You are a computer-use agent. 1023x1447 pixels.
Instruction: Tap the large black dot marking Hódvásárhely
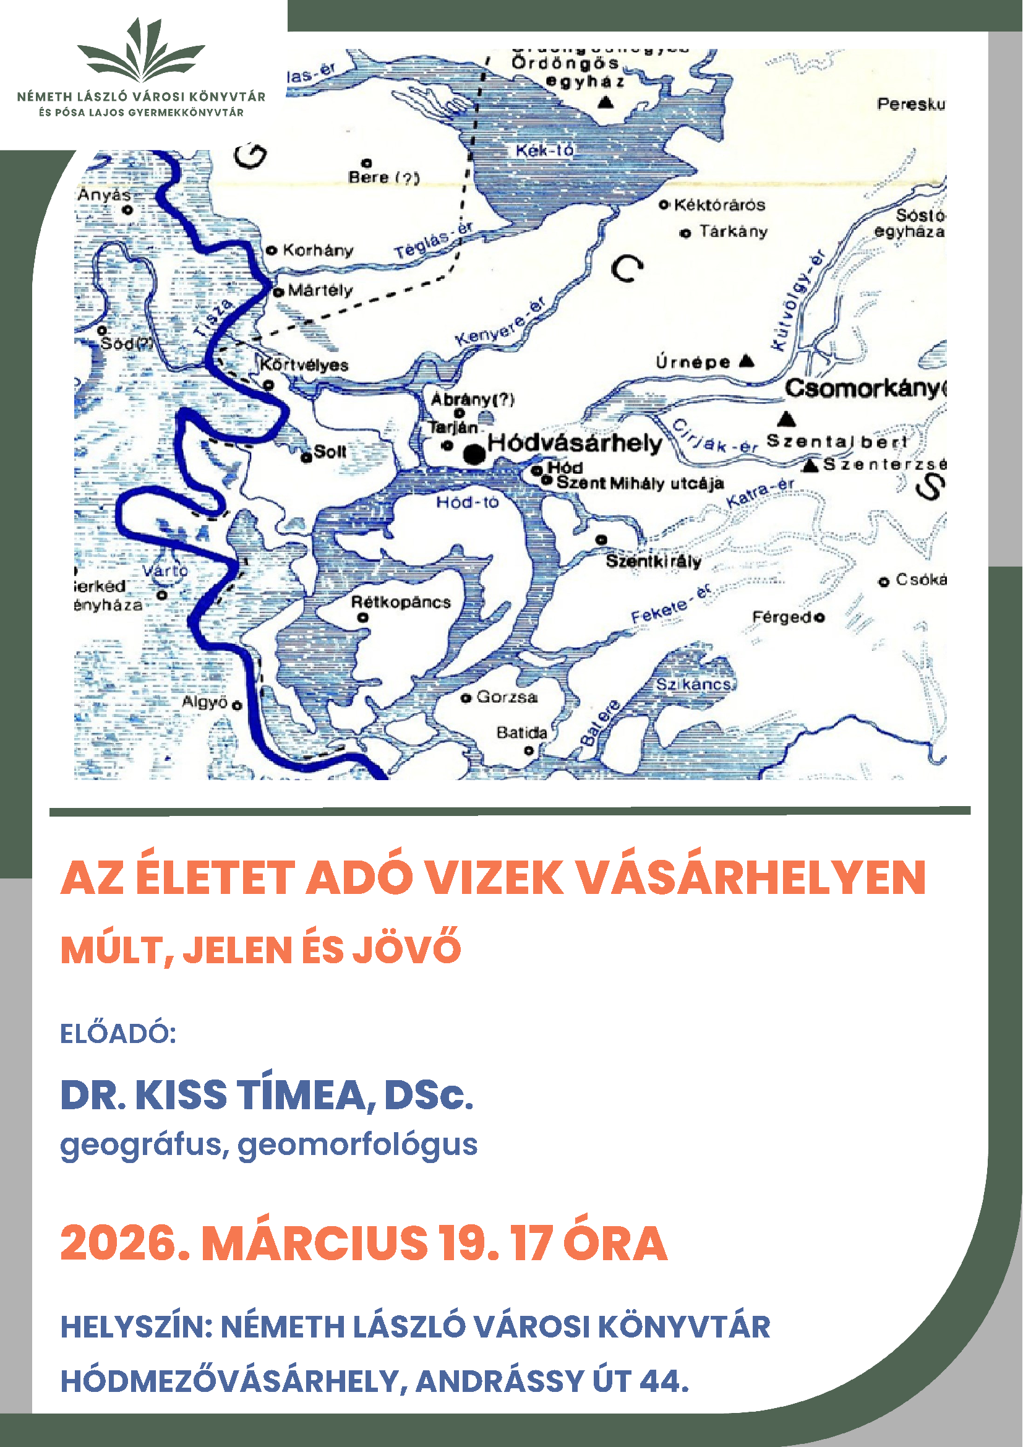[x=474, y=453]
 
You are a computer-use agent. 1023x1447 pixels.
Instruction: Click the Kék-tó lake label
[x=544, y=150]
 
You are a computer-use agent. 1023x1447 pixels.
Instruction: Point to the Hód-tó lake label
[x=467, y=502]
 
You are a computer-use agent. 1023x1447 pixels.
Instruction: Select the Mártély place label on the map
[x=320, y=291]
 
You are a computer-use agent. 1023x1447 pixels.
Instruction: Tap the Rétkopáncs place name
[x=401, y=603]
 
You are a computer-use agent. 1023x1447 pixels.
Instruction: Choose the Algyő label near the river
[x=204, y=702]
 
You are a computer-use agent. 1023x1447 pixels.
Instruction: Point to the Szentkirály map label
[x=653, y=561]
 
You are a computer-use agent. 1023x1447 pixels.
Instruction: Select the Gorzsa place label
[x=507, y=697]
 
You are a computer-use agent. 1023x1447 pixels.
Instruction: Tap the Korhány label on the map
[x=317, y=250]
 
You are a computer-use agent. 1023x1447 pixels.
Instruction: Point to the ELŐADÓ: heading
[x=118, y=1034]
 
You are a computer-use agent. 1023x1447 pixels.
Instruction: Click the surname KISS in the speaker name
[x=181, y=1096]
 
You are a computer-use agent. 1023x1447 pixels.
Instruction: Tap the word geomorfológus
[x=357, y=1144]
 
